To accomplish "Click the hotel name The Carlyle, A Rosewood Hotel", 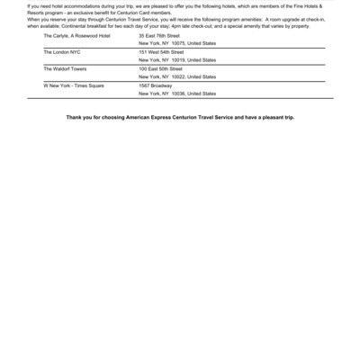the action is tap(72, 35).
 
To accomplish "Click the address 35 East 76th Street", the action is tap(159, 35).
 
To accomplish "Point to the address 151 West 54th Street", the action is tap(160, 52).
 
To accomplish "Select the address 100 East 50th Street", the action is tap(160, 68).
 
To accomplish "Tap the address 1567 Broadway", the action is tap(151, 85).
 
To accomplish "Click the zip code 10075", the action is tap(177, 43).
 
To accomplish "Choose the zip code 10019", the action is tap(177, 60).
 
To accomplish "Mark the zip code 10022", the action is tap(177, 76).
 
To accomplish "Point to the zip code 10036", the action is tap(177, 94).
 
